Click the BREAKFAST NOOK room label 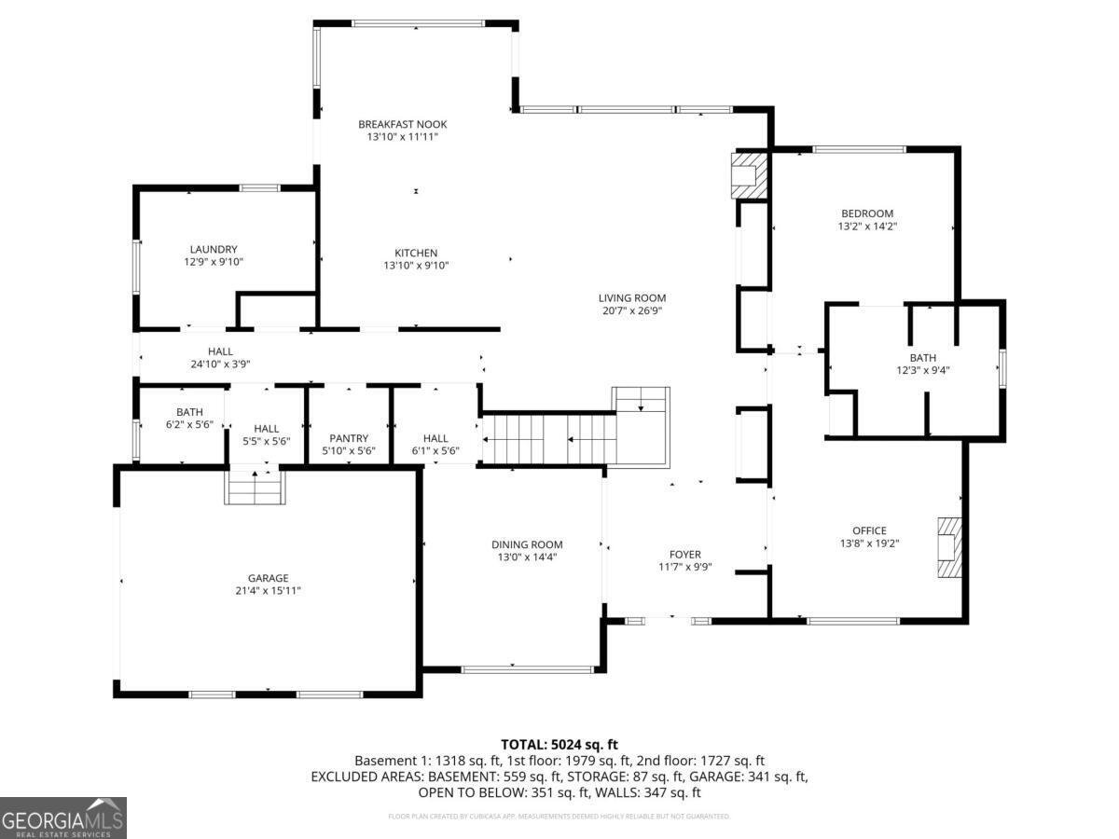coord(403,124)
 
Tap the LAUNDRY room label coord(214,249)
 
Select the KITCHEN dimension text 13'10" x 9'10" coord(416,266)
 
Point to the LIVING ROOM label coord(632,298)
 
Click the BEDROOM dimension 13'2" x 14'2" coord(867,226)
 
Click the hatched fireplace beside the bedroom coord(748,174)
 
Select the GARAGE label coord(268,578)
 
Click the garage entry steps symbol coord(255,487)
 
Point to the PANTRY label coord(349,438)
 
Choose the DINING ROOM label coord(527,544)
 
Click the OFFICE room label coord(869,530)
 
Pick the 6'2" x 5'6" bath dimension coord(189,424)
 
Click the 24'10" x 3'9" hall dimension coord(220,364)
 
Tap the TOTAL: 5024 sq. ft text coord(559,744)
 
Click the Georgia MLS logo coord(63,818)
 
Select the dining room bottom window coord(528,668)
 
